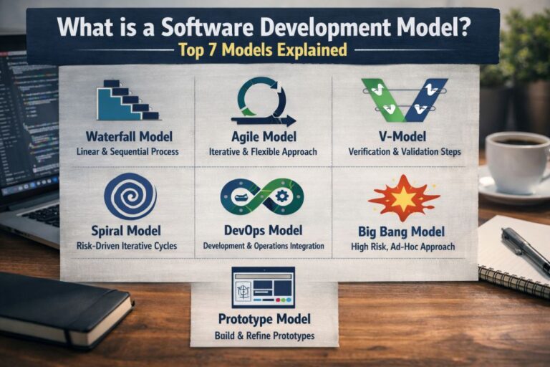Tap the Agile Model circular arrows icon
pyautogui.click(x=263, y=102)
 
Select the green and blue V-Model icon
pyautogui.click(x=405, y=99)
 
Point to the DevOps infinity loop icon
pyautogui.click(x=262, y=196)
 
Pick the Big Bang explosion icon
pyautogui.click(x=403, y=197)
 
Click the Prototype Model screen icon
pyautogui.click(x=263, y=287)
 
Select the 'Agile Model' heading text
pyautogui.click(x=263, y=136)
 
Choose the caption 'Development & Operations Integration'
pyautogui.click(x=263, y=247)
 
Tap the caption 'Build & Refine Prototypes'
pyautogui.click(x=264, y=335)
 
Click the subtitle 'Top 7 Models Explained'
pyautogui.click(x=263, y=50)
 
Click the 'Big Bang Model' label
pyautogui.click(x=401, y=232)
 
